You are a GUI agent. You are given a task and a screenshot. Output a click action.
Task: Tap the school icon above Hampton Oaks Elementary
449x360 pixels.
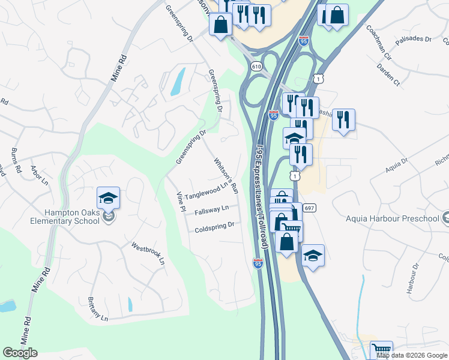coord(108,197)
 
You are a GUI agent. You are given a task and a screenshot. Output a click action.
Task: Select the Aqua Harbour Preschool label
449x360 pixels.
coord(393,218)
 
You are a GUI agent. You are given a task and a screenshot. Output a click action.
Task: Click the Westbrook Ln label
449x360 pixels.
coord(148,253)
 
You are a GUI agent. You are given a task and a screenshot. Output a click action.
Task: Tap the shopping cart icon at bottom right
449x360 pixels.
coord(381,350)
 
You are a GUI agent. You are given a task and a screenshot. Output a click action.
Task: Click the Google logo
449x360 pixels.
coord(20,353)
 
